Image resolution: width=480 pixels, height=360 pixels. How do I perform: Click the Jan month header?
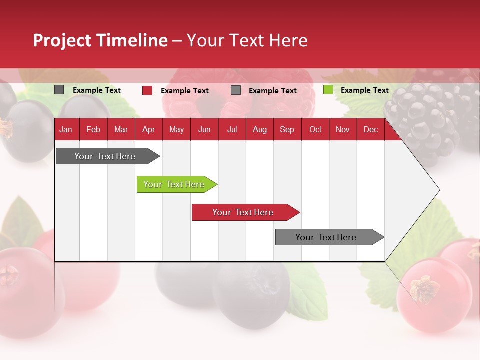coord(66,130)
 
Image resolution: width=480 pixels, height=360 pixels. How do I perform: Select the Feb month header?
coord(93,130)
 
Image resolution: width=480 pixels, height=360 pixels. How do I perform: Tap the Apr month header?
coord(148,130)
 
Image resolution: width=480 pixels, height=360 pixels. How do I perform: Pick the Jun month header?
coord(204,130)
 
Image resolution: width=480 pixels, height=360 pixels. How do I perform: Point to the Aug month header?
coord(260,130)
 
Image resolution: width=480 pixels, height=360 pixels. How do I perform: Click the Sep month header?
coord(287,130)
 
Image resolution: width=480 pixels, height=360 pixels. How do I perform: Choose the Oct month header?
coord(315,130)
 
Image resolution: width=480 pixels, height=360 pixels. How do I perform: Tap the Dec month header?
coord(370,130)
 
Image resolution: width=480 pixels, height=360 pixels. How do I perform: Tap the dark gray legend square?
coord(59,90)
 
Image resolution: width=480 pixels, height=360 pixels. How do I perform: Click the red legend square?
coord(147,90)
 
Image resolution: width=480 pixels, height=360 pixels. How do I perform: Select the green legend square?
coord(328,90)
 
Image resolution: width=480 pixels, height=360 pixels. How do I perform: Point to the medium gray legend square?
coord(236,90)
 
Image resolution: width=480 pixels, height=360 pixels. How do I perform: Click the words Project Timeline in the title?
coord(100,40)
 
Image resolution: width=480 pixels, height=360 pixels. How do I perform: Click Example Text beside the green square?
coord(364,90)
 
